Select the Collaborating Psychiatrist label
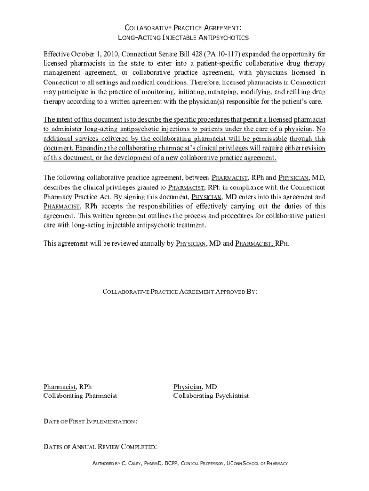click(211, 396)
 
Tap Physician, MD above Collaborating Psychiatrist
click(195, 386)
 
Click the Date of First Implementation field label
click(90, 421)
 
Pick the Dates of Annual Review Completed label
click(100, 447)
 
